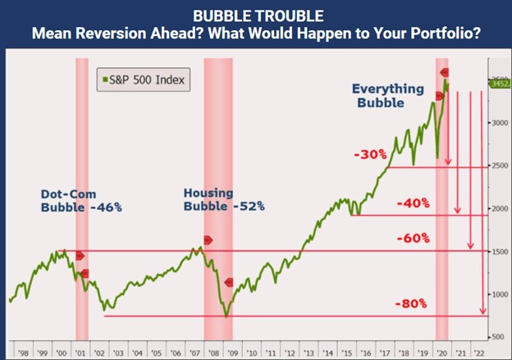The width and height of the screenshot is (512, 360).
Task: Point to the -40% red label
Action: [x=412, y=203]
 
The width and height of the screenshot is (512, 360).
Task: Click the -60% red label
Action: [x=412, y=238]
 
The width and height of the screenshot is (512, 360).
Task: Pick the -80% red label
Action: [x=411, y=303]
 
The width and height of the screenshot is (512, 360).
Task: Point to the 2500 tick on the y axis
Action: [x=499, y=166]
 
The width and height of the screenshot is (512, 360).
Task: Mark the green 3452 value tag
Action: [x=499, y=83]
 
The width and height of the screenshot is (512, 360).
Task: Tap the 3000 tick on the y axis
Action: [x=499, y=123]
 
